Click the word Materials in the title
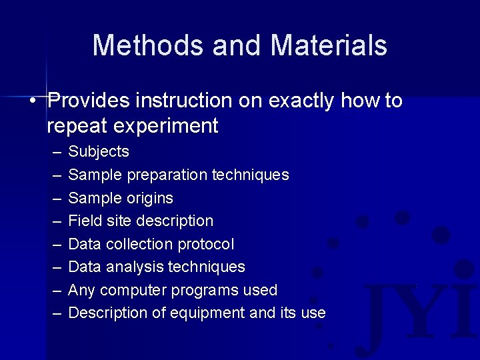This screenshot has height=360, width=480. point(329,45)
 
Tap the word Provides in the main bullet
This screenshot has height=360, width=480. point(89,101)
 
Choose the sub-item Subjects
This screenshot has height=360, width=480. point(99,152)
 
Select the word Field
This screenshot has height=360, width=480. point(84,221)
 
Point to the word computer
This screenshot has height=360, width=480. point(134,290)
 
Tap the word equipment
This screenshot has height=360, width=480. point(212,313)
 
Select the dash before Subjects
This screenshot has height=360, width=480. point(55,152)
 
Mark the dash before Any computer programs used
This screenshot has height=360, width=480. point(55,290)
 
